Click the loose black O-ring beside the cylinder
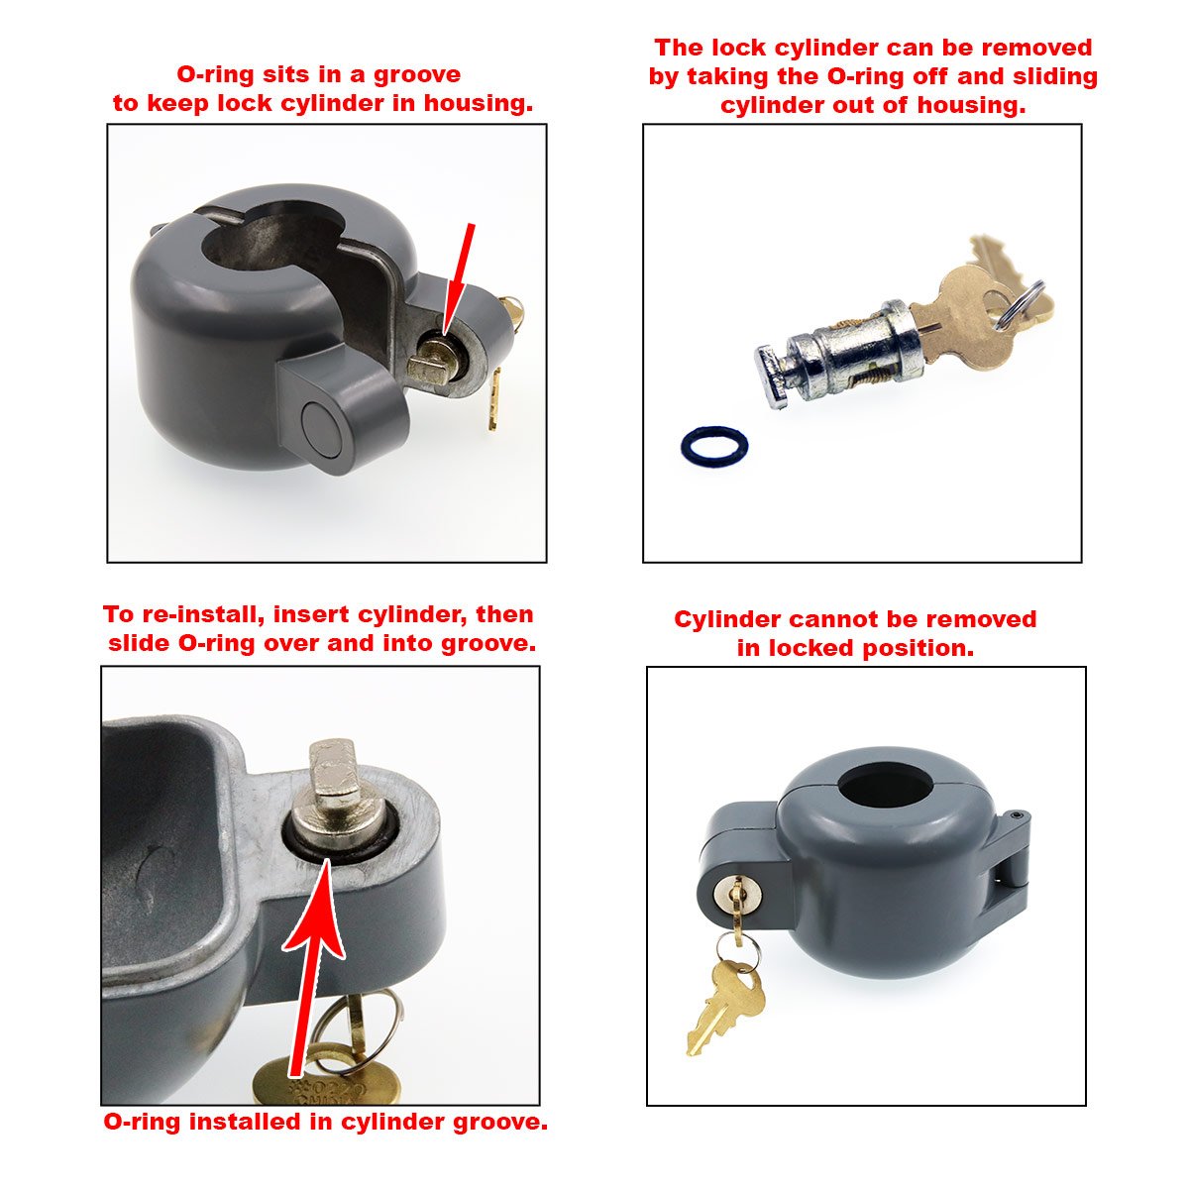(713, 446)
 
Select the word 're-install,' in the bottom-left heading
(199, 614)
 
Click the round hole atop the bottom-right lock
(879, 790)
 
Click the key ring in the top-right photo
(1024, 300)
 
